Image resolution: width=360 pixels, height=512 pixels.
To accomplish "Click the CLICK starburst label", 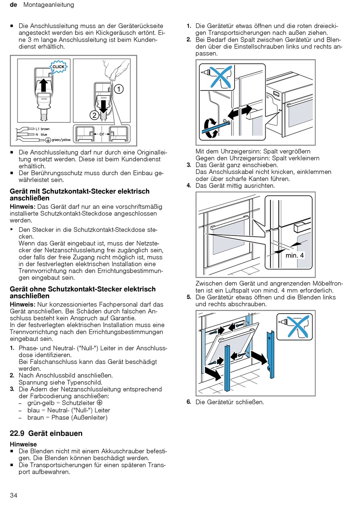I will click(58, 67).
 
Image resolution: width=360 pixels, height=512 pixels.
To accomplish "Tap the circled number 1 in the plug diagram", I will click(119, 89).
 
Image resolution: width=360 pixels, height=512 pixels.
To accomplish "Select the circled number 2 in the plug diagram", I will click(94, 115).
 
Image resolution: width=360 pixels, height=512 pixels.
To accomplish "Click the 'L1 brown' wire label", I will click(42, 129).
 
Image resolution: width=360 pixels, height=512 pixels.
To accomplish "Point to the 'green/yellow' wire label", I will click(61, 140).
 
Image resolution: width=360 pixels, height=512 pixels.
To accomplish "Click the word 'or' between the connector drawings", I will click(102, 134).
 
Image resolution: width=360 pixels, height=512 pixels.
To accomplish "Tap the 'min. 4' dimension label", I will click(294, 255).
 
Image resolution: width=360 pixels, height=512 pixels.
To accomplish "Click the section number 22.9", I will click(17, 434).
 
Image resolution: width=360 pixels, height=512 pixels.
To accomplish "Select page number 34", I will click(14, 495).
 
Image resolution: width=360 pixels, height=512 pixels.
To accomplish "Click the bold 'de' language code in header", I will click(14, 5).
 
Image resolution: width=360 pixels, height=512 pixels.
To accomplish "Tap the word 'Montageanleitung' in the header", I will click(49, 5).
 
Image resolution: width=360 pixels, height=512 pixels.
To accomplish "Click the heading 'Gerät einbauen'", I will click(61, 434).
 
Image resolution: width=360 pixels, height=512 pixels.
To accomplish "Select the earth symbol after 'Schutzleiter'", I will click(100, 403).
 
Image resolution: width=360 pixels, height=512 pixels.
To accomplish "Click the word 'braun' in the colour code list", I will click(36, 417).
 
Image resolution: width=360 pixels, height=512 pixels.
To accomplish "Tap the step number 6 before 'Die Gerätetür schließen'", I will click(189, 402).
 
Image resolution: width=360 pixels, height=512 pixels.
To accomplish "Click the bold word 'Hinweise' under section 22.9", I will click(23, 444).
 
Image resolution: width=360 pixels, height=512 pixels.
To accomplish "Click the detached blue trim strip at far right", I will click(270, 354).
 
